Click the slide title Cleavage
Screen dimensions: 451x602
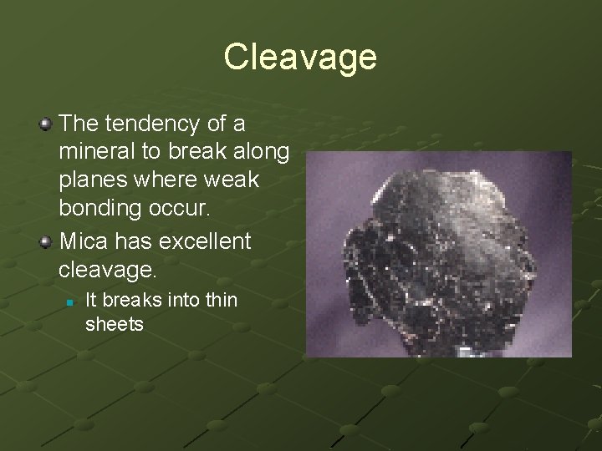pyautogui.click(x=300, y=58)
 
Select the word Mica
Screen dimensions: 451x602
pyautogui.click(x=84, y=242)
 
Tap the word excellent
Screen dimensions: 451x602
pyautogui.click(x=202, y=242)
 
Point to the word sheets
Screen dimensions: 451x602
pyautogui.click(x=115, y=323)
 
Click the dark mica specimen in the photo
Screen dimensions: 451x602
pyautogui.click(x=435, y=259)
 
